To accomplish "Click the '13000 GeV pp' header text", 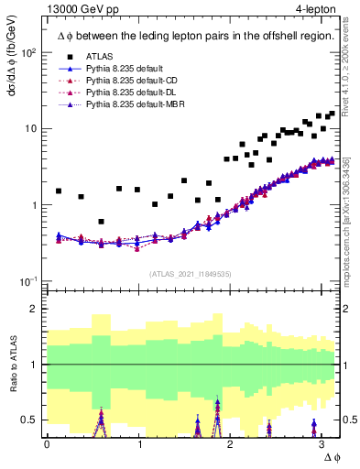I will coord(77,8).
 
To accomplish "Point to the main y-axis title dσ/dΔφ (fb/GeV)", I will coord(12,77).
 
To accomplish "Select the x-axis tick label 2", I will coord(231,444).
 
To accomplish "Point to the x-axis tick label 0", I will coord(47,444).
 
